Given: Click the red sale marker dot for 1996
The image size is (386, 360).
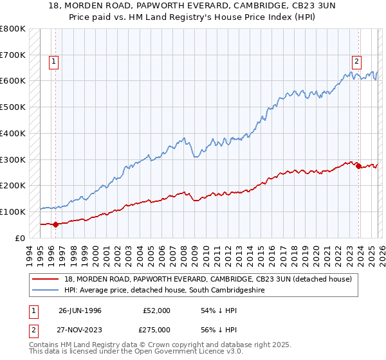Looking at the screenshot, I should click(55, 224).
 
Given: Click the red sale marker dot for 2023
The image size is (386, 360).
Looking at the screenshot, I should click(358, 165).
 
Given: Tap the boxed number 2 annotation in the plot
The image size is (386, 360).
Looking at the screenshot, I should click(356, 62).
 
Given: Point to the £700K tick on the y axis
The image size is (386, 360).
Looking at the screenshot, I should click(12, 55).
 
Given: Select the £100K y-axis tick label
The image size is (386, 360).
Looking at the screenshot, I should click(12, 212).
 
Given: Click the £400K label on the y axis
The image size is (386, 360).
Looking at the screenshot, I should click(12, 134).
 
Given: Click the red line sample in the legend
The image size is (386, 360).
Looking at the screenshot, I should click(46, 280).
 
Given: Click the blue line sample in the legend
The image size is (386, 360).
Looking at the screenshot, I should click(46, 291).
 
